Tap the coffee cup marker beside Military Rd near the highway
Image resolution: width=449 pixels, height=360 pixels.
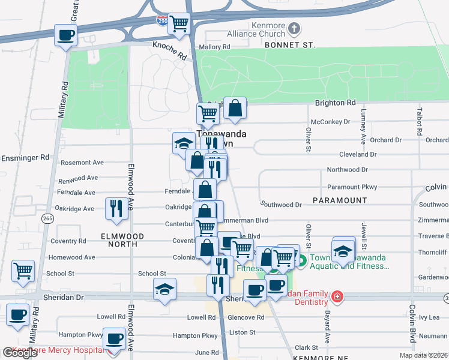[x=66, y=35]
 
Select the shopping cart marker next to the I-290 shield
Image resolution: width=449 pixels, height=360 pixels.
[x=179, y=24]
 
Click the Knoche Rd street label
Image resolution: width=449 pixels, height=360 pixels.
[x=169, y=50]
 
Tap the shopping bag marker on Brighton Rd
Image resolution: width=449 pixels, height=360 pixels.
[x=235, y=108]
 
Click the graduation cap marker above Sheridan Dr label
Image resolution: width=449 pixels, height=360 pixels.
[x=164, y=290]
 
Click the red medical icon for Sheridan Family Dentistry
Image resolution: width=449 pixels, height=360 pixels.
[x=337, y=296]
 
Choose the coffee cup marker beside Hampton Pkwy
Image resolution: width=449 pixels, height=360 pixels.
[x=114, y=340]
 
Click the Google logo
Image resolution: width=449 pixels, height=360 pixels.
[x=20, y=352]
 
